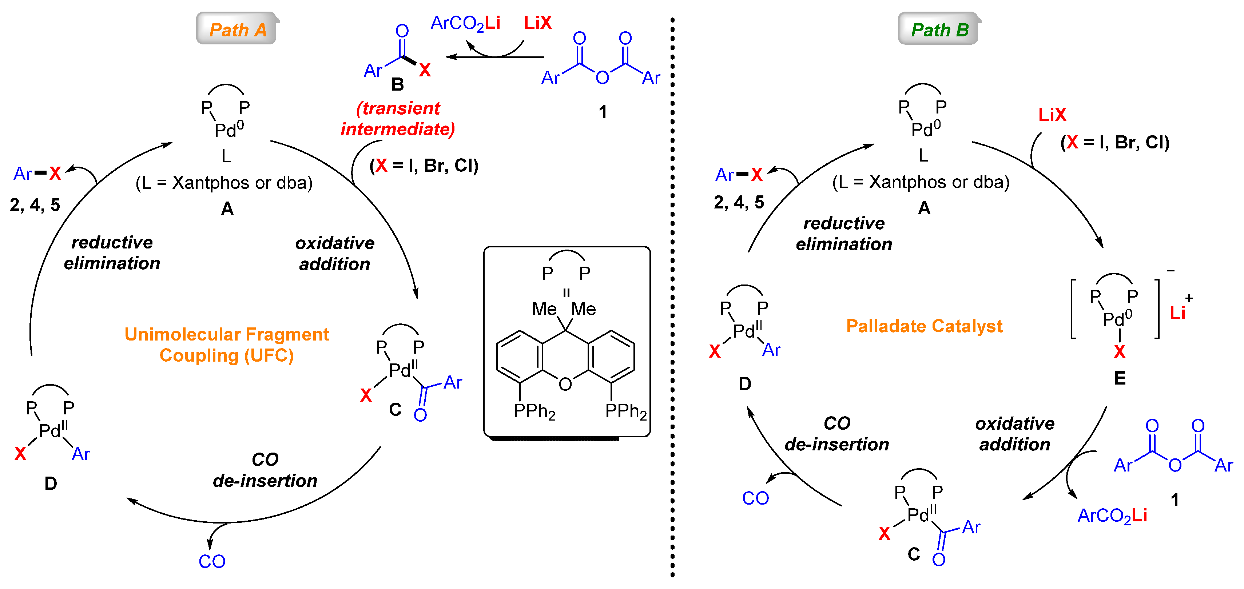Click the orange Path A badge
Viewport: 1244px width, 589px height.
[x=237, y=30]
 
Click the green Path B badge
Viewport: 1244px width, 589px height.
[x=939, y=30]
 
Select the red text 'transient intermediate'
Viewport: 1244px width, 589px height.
[x=398, y=119]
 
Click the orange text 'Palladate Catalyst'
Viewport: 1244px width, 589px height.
[x=924, y=326]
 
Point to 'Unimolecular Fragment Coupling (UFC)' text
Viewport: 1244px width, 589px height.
[x=226, y=345]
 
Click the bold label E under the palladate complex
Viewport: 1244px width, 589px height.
[x=1120, y=378]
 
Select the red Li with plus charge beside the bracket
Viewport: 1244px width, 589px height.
[x=1178, y=313]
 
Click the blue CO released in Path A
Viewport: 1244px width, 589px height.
[x=212, y=561]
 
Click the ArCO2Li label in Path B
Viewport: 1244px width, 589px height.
[x=1112, y=516]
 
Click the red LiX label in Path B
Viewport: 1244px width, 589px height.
[x=1052, y=115]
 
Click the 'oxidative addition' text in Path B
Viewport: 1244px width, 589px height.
[x=1015, y=434]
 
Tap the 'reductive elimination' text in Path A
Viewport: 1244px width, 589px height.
[x=112, y=253]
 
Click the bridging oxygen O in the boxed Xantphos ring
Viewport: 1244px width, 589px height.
[x=565, y=384]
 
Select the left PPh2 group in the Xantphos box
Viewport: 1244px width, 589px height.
[x=534, y=411]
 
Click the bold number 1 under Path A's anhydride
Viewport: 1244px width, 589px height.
[x=603, y=112]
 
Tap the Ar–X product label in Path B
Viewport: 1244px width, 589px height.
[x=738, y=175]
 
